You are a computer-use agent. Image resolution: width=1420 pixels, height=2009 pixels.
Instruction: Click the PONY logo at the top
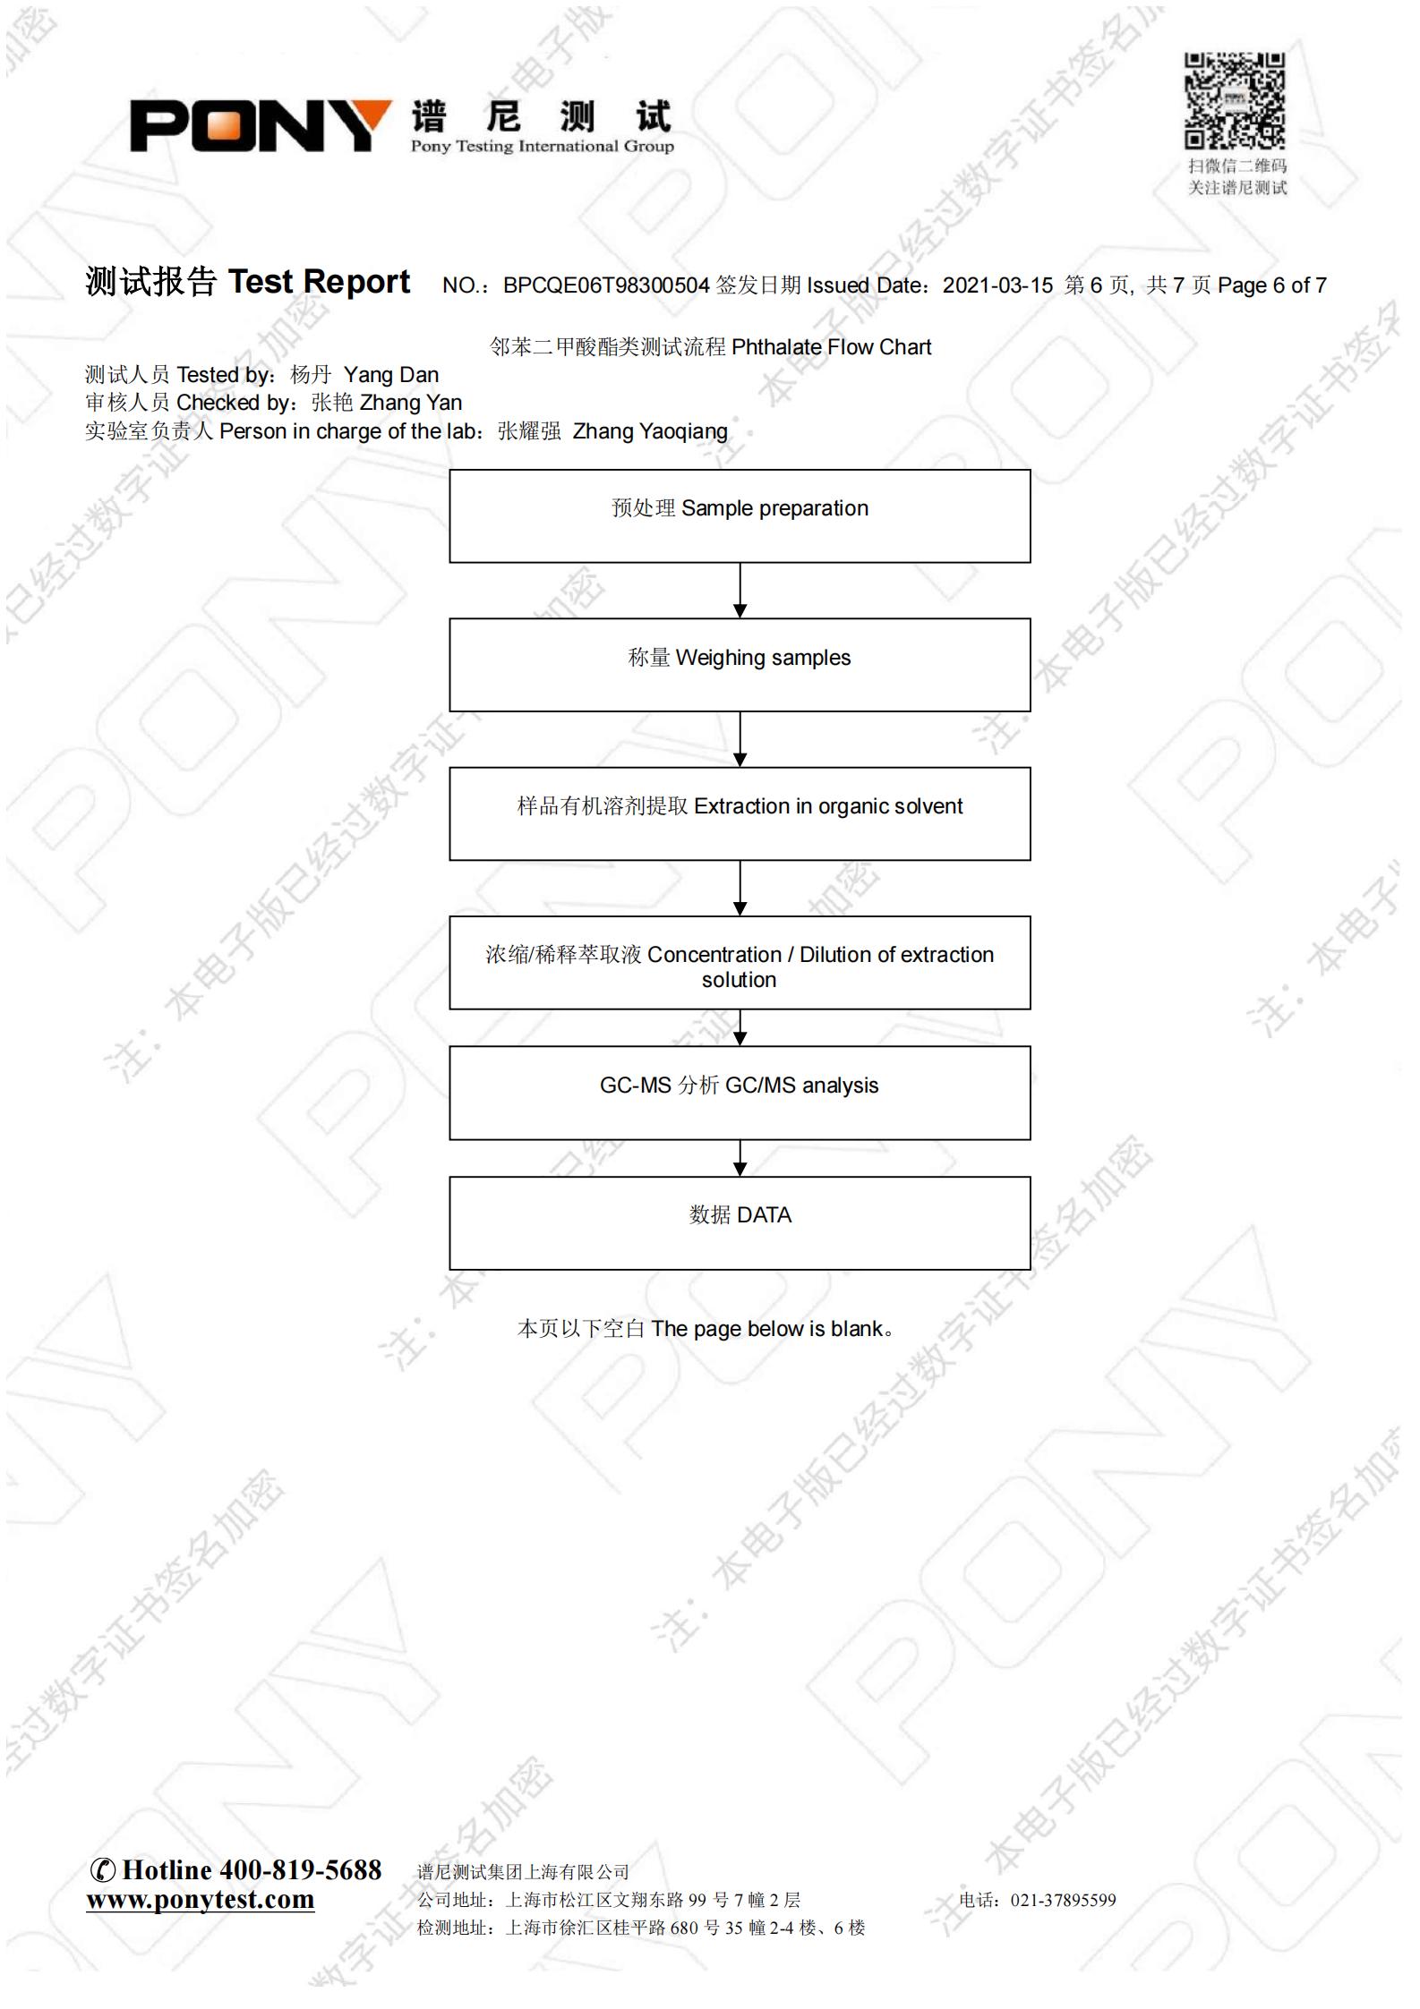coord(261,125)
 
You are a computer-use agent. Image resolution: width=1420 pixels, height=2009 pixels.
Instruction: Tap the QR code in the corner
coord(1235,100)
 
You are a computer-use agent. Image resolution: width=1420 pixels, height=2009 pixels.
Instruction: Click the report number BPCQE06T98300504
coord(606,285)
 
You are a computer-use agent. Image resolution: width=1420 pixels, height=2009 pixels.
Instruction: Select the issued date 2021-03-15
coord(997,285)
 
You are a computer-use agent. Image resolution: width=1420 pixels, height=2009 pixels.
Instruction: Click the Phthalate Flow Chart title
coord(831,347)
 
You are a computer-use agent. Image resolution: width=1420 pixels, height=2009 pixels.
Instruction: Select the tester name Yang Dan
coord(391,375)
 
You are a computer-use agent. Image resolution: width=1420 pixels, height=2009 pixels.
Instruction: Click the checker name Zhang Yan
coord(411,403)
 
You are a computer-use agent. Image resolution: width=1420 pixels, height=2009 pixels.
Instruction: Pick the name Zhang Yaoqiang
coord(650,431)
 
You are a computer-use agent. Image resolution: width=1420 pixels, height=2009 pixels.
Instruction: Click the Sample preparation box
coord(740,516)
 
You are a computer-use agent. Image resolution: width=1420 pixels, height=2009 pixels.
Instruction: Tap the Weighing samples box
coord(740,665)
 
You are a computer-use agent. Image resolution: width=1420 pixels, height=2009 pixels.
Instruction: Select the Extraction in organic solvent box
coord(740,813)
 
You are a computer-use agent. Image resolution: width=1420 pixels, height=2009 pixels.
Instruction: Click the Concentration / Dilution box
coord(740,963)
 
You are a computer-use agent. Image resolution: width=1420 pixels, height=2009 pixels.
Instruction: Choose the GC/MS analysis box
coord(740,1093)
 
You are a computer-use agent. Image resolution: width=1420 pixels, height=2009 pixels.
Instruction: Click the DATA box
coord(740,1223)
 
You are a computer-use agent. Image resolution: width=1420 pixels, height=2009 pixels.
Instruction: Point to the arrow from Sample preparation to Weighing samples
coord(740,591)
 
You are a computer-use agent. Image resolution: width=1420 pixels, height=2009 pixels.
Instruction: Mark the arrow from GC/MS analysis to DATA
coord(740,1158)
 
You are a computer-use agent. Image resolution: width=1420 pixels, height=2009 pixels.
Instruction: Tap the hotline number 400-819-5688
coord(301,1869)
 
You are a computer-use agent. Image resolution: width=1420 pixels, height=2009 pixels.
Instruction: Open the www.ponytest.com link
coord(201,1900)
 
